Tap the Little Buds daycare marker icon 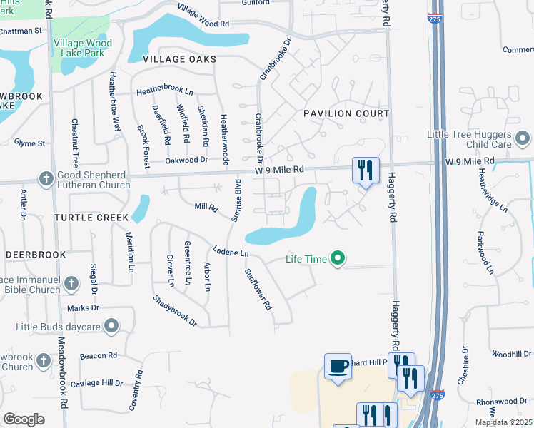click(111, 327)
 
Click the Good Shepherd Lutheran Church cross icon click(46, 178)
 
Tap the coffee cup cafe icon click(338, 367)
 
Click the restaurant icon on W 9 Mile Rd click(366, 170)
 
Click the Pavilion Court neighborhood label click(346, 113)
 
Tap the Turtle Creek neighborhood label click(91, 217)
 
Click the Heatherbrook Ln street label click(165, 93)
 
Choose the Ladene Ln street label click(230, 252)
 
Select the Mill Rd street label click(206, 207)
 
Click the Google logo click(24, 419)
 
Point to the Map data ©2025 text click(503, 422)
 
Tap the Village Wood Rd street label click(203, 16)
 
